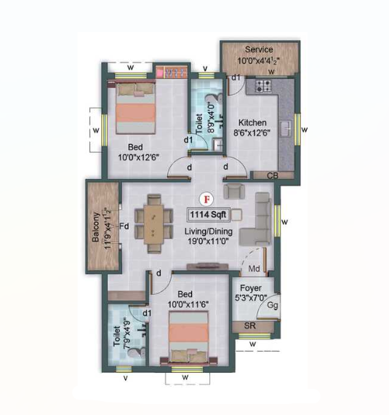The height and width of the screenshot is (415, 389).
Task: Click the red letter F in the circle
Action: point(207,199)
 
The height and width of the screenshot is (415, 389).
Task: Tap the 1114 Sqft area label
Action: point(208,215)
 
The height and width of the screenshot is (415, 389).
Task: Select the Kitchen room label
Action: point(252,123)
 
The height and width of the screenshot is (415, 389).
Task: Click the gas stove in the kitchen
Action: point(263,85)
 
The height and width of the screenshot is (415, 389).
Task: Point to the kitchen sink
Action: point(286,129)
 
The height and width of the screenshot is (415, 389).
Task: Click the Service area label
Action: point(259,50)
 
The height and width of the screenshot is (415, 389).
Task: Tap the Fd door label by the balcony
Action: point(124,226)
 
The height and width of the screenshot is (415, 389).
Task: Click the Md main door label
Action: point(254,269)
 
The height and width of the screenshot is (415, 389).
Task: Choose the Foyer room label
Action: point(251,288)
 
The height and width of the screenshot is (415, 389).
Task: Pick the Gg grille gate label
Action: point(273,306)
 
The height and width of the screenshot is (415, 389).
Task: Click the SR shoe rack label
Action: point(249,325)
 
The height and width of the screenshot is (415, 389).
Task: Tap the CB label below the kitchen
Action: point(273,175)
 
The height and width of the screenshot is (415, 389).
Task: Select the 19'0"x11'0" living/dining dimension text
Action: point(208,242)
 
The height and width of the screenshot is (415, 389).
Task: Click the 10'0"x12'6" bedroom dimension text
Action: point(138,157)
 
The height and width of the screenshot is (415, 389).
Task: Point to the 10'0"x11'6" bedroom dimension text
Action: point(188,304)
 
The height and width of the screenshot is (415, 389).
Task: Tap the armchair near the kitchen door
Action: point(234,191)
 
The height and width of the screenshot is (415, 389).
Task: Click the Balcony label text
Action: point(95,227)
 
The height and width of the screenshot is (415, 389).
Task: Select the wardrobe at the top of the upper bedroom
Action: point(172,72)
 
